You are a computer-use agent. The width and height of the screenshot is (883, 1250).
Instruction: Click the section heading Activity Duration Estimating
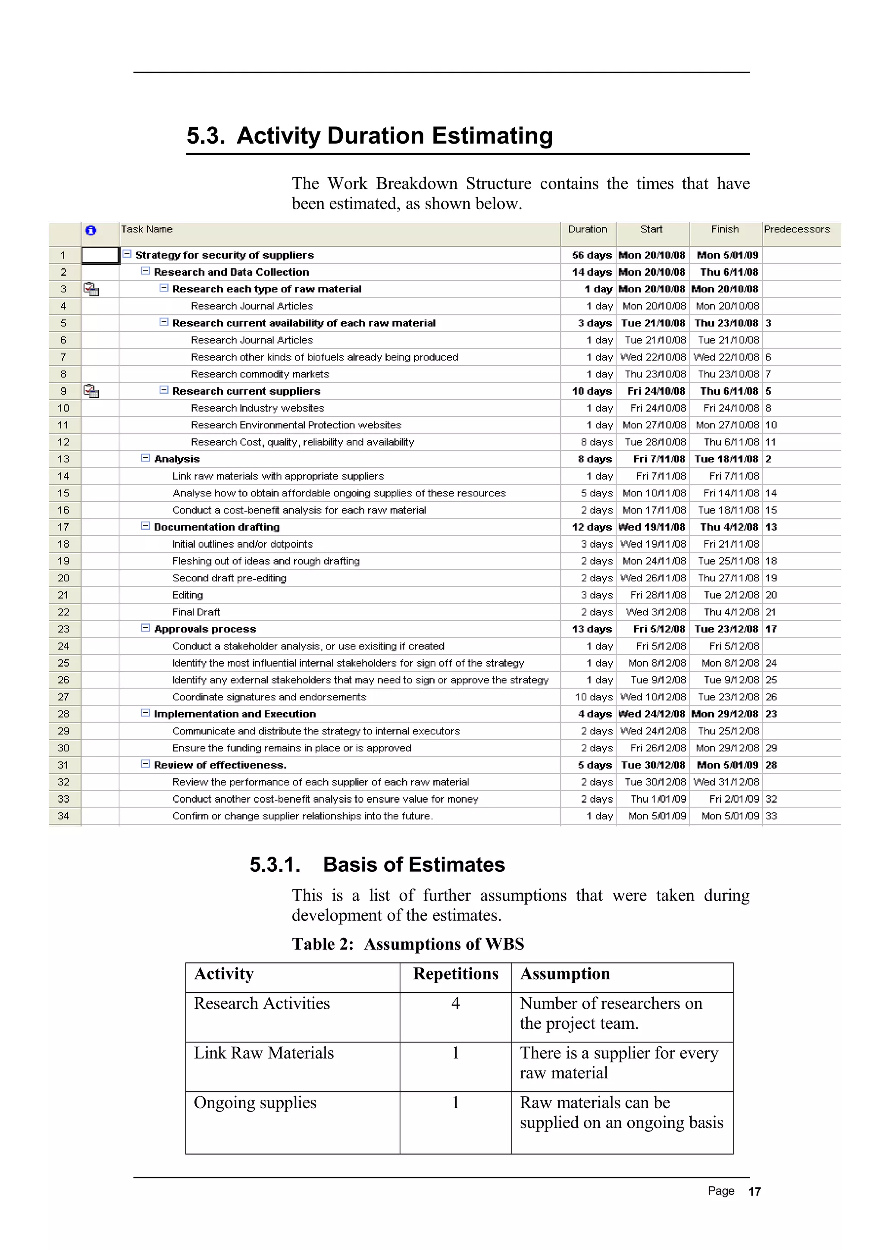click(369, 135)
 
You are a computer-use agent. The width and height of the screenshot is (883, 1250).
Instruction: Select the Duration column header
click(587, 229)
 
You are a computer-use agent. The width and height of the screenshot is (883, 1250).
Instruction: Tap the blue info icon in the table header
click(91, 230)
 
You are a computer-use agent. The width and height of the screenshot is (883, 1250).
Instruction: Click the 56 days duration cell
click(592, 255)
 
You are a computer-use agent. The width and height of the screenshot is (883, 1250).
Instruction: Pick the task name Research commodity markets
click(260, 374)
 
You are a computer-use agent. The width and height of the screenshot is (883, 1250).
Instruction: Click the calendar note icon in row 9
click(91, 391)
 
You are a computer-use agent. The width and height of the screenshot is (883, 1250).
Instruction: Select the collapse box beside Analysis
click(145, 458)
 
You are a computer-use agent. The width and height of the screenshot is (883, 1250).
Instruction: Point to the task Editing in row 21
click(187, 595)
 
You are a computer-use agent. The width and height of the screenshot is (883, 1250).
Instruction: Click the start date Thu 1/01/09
click(658, 799)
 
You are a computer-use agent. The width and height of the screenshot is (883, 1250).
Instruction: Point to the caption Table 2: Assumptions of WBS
click(407, 943)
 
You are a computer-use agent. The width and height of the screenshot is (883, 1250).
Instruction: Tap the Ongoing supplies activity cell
click(255, 1102)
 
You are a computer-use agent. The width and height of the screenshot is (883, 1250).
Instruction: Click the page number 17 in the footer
click(754, 1192)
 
